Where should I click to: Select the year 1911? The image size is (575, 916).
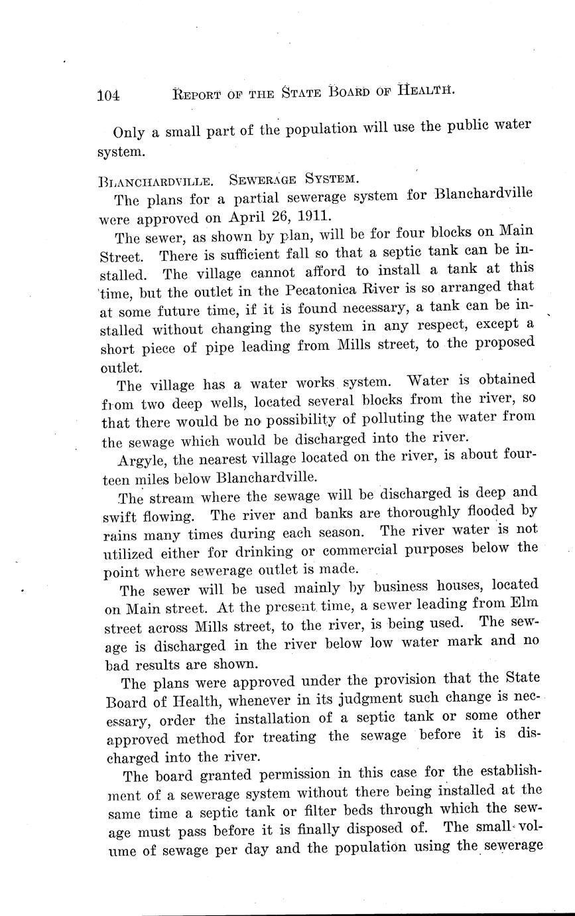pos(310,216)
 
